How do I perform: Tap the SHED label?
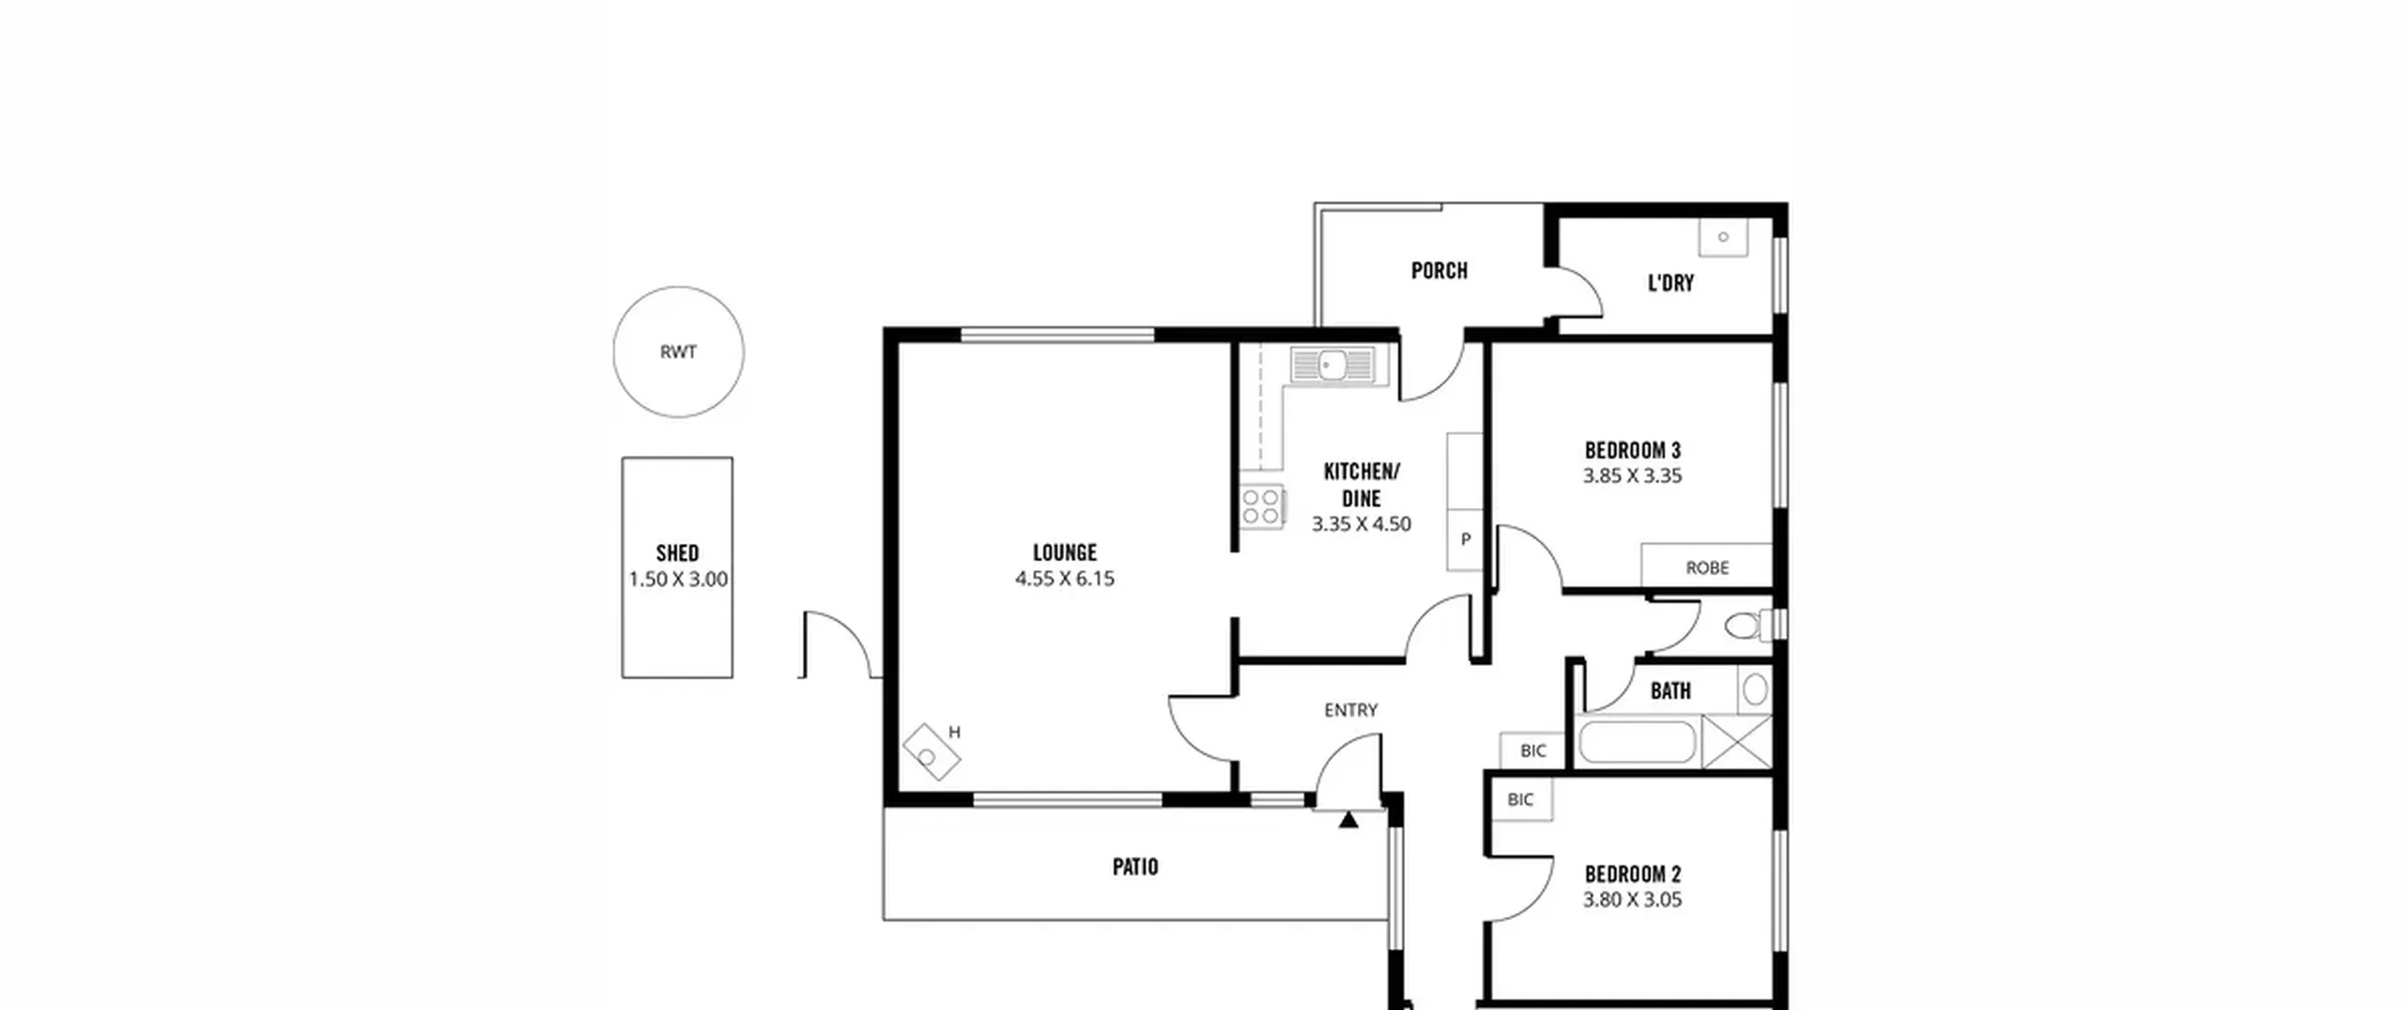[x=677, y=552]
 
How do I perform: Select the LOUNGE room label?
[x=1065, y=552]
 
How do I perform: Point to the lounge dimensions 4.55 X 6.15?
[x=1065, y=579]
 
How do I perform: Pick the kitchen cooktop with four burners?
[x=1262, y=506]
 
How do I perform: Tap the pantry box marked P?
[x=1465, y=539]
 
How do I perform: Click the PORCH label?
[x=1440, y=271]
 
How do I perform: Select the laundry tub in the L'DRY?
[x=1723, y=237]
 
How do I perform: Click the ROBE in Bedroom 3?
[x=1706, y=566]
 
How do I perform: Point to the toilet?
[x=1749, y=625]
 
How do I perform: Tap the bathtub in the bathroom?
[x=1639, y=742]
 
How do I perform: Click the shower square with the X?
[x=1737, y=742]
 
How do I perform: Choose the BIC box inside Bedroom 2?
[x=1521, y=800]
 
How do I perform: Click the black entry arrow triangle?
[x=1348, y=819]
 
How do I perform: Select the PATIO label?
[x=1135, y=866]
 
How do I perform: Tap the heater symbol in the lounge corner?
[x=932, y=752]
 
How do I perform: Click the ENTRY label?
[x=1350, y=710]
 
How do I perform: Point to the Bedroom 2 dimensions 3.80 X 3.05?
[x=1632, y=900]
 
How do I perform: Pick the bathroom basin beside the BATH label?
[x=1754, y=691]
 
